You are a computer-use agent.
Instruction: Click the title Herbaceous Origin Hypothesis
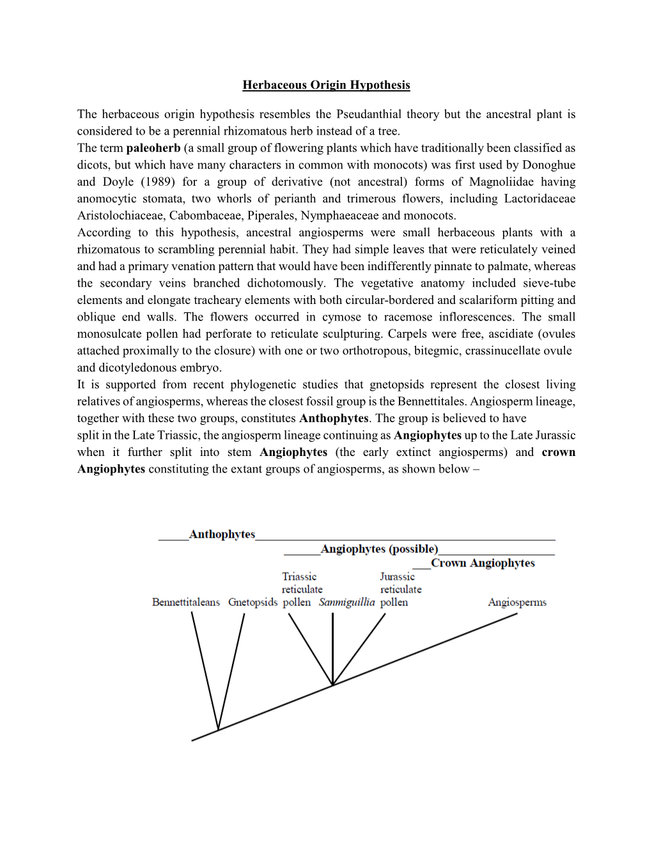(326, 85)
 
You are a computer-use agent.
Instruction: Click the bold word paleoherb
(153, 148)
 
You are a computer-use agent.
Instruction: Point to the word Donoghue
(550, 165)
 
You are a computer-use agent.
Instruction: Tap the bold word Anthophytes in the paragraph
(334, 418)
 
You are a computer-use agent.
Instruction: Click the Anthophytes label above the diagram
(222, 535)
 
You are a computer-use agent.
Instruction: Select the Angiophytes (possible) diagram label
(379, 549)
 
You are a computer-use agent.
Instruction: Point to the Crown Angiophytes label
(483, 563)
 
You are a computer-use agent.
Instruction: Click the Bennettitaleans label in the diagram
(186, 602)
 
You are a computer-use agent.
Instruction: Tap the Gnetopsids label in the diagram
(252, 602)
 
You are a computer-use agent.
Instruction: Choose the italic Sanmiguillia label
(346, 602)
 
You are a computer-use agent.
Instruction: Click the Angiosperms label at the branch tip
(517, 602)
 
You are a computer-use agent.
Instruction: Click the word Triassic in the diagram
(299, 577)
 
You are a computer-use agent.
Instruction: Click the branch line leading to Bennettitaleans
(205, 671)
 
